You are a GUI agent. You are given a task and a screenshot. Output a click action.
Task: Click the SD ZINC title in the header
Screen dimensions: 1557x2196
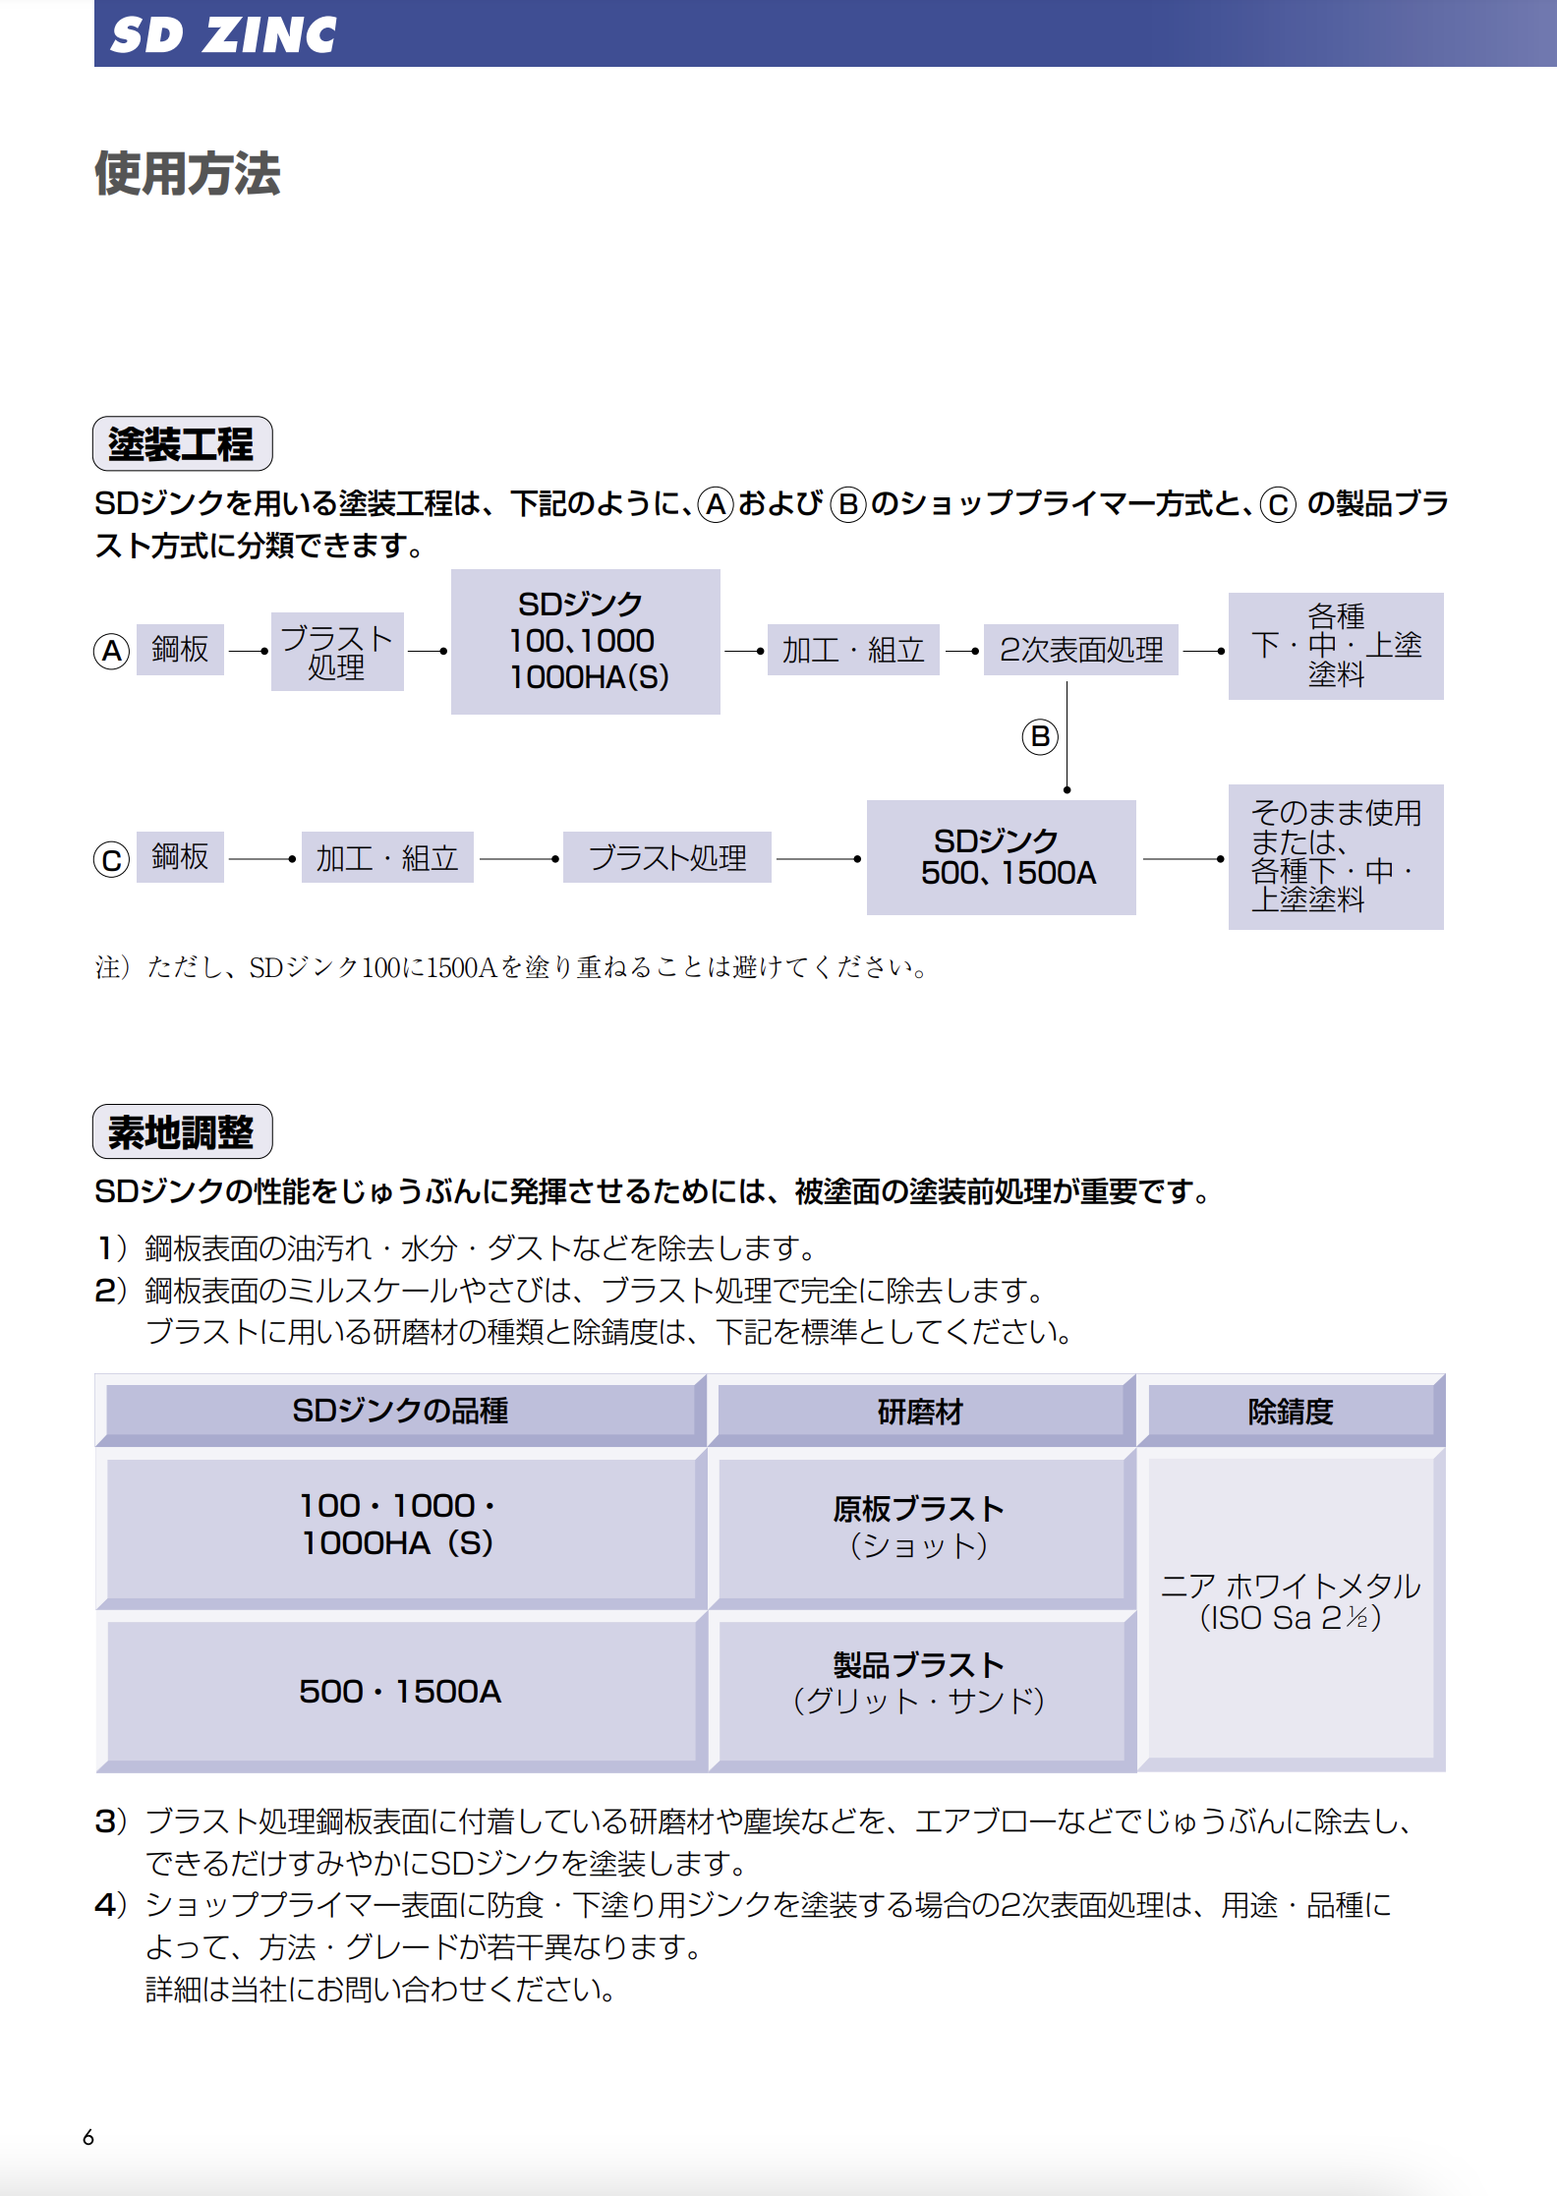(x=223, y=35)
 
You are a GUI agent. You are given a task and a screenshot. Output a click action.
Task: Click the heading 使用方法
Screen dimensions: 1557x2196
(x=188, y=174)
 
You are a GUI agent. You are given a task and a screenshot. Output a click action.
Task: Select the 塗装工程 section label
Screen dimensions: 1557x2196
(x=182, y=443)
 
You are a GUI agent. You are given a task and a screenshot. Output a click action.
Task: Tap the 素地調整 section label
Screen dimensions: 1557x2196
(x=182, y=1131)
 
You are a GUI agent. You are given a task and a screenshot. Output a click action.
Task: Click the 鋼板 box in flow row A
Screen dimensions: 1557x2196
(x=180, y=650)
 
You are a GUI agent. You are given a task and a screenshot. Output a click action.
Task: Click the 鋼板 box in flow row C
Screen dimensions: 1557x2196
(x=180, y=857)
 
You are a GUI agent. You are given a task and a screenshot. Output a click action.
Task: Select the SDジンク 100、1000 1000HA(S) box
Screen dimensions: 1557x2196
(x=586, y=641)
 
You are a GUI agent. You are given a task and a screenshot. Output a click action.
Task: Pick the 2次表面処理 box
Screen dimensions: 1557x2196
(x=1081, y=650)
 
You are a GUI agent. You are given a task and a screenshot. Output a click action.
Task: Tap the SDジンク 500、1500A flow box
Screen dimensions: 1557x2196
(x=1002, y=857)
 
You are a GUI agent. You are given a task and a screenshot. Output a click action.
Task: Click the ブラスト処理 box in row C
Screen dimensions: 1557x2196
(x=667, y=857)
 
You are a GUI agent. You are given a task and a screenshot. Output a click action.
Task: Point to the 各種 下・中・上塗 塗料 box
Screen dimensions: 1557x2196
(x=1336, y=646)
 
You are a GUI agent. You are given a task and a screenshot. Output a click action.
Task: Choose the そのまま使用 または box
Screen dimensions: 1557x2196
(x=1336, y=856)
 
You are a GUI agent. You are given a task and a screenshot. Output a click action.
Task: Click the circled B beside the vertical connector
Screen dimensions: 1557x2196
(x=1040, y=736)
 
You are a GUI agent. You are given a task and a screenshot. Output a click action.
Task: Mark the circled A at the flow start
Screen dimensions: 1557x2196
(x=112, y=651)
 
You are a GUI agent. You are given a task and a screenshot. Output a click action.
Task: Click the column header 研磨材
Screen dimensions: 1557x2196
(x=921, y=1412)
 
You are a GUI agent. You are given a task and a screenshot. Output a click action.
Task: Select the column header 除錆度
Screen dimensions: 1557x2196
(x=1291, y=1412)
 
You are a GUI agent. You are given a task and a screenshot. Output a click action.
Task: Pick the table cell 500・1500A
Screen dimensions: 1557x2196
(x=401, y=1691)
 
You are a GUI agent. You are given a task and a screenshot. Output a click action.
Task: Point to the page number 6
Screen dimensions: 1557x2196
(x=88, y=2137)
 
